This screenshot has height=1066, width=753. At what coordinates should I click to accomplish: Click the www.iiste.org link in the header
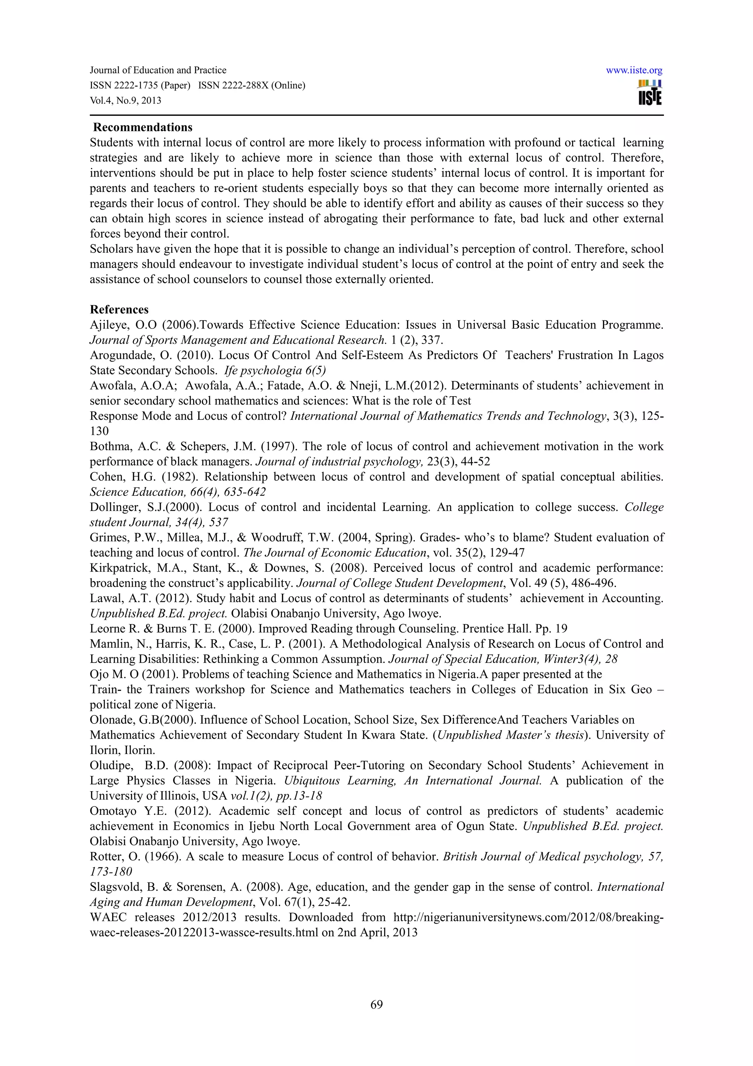tap(634, 71)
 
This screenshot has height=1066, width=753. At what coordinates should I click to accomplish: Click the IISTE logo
tap(650, 93)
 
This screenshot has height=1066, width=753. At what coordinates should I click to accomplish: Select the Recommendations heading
tap(143, 127)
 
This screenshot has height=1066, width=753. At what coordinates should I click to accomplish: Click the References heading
tap(119, 310)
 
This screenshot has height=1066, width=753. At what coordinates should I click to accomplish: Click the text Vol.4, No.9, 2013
tap(125, 100)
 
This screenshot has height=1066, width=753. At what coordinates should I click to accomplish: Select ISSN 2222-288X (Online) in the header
tap(251, 85)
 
